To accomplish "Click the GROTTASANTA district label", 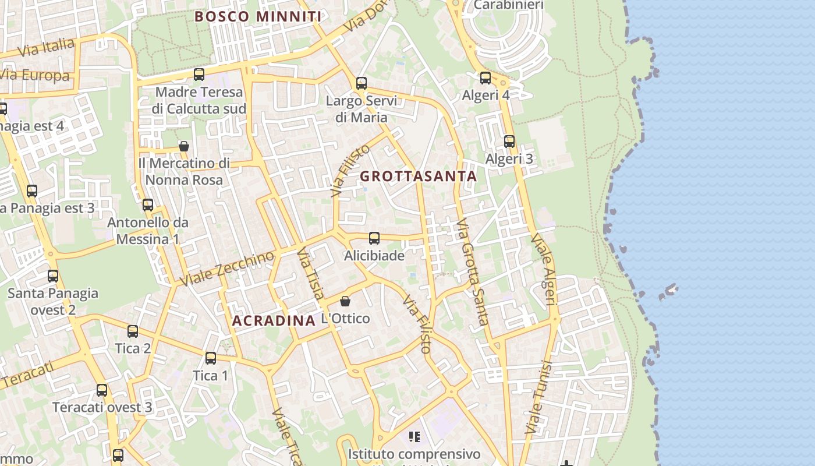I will tap(419, 176).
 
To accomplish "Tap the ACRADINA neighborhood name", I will tap(274, 320).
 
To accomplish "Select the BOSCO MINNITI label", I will tap(258, 16).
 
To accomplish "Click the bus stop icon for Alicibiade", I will tap(374, 238).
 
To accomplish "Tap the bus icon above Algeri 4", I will tap(486, 77).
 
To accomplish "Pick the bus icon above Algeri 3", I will tap(509, 141).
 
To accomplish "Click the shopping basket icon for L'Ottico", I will tap(345, 301).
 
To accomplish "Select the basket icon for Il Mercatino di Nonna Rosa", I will tap(184, 146).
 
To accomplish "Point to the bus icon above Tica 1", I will tap(211, 358).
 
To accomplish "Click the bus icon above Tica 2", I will tap(133, 331).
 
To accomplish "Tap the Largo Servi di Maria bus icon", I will tap(362, 83).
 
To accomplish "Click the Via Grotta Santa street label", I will tap(472, 271).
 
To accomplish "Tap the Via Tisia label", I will tap(310, 274).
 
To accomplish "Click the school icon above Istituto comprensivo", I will tap(414, 436).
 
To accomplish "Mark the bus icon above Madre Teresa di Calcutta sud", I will tap(199, 74).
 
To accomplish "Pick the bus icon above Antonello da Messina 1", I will tap(148, 204).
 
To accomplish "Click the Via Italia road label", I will tap(47, 47).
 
